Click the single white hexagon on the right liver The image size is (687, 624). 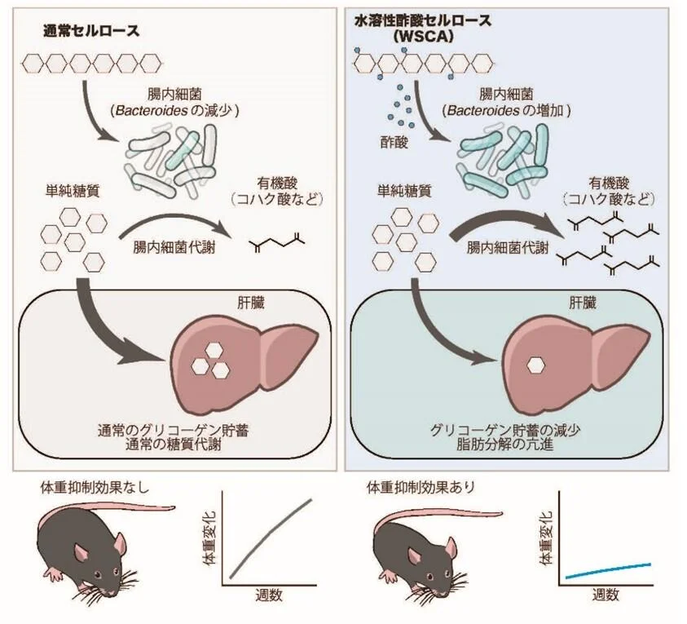(x=535, y=365)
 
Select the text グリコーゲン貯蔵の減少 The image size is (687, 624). (x=505, y=430)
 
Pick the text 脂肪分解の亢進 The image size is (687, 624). (x=505, y=445)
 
